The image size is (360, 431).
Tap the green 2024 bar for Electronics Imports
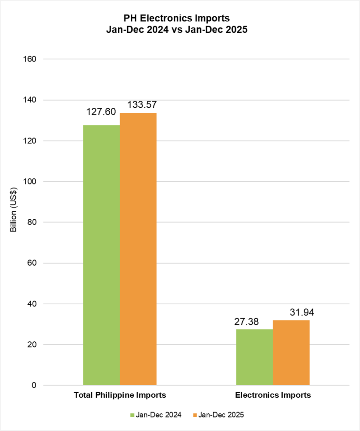coord(254,357)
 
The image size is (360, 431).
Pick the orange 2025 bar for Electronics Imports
coord(291,352)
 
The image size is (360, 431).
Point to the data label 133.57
coord(138,105)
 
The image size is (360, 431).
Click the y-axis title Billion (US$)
coord(13,210)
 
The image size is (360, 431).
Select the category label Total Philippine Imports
coord(120,396)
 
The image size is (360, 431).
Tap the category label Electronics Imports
coord(273,396)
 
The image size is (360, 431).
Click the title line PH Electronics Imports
coord(180,19)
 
